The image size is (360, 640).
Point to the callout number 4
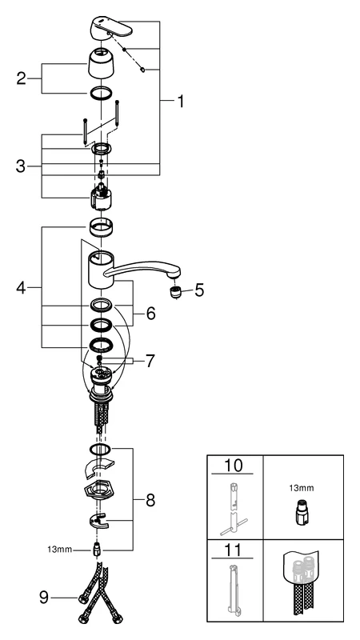tap(22, 287)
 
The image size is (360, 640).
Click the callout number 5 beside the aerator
tap(199, 290)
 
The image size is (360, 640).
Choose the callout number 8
tap(150, 501)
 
